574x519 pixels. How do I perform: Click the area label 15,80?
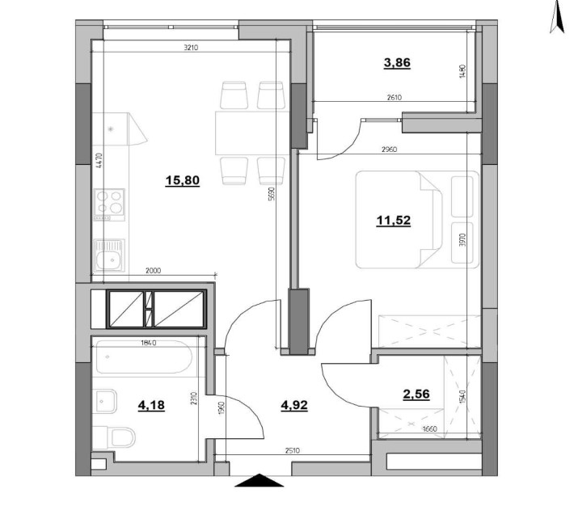point(183,180)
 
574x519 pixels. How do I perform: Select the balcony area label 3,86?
point(397,63)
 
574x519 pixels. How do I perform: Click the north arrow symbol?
point(555,17)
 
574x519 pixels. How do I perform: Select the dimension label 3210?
point(191,48)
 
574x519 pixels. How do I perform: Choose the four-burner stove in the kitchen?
point(110,201)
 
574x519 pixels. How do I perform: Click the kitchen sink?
point(109,258)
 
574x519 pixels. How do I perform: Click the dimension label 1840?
point(146,343)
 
